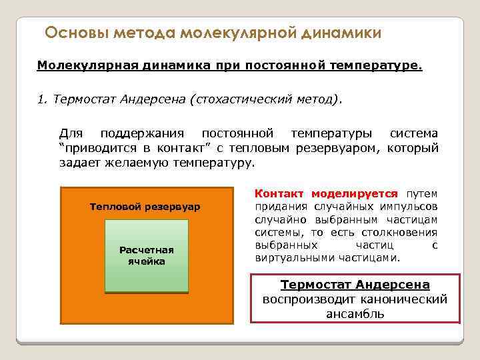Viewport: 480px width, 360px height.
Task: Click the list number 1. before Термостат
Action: [x=42, y=100]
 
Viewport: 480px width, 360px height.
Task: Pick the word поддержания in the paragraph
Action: [x=137, y=133]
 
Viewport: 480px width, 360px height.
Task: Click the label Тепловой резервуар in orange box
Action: [x=145, y=207]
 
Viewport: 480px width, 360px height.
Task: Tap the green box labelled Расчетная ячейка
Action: [x=147, y=256]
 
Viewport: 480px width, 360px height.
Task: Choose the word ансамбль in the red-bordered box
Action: [x=355, y=313]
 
